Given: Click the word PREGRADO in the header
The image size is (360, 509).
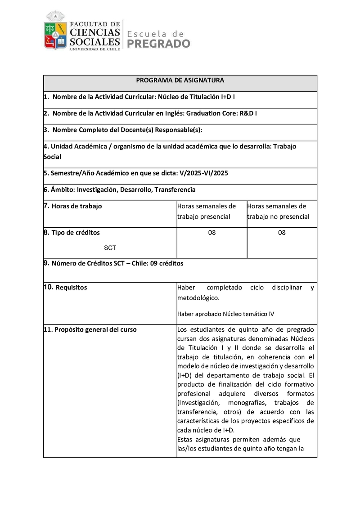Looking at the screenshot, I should (x=159, y=44).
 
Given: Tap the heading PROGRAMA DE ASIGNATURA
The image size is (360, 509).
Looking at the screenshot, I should (x=180, y=81).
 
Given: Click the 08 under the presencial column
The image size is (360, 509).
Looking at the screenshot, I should (x=212, y=233).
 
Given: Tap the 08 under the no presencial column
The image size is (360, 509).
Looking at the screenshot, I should (x=282, y=233).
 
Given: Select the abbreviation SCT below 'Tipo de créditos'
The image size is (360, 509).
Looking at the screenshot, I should (x=110, y=248).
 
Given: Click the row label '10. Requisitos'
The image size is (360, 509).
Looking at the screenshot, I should (x=66, y=287).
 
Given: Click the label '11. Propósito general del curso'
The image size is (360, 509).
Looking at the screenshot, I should (x=90, y=329).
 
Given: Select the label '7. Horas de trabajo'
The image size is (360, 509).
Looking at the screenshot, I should (x=73, y=206).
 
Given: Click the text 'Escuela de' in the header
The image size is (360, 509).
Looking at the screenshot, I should (x=156, y=34).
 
